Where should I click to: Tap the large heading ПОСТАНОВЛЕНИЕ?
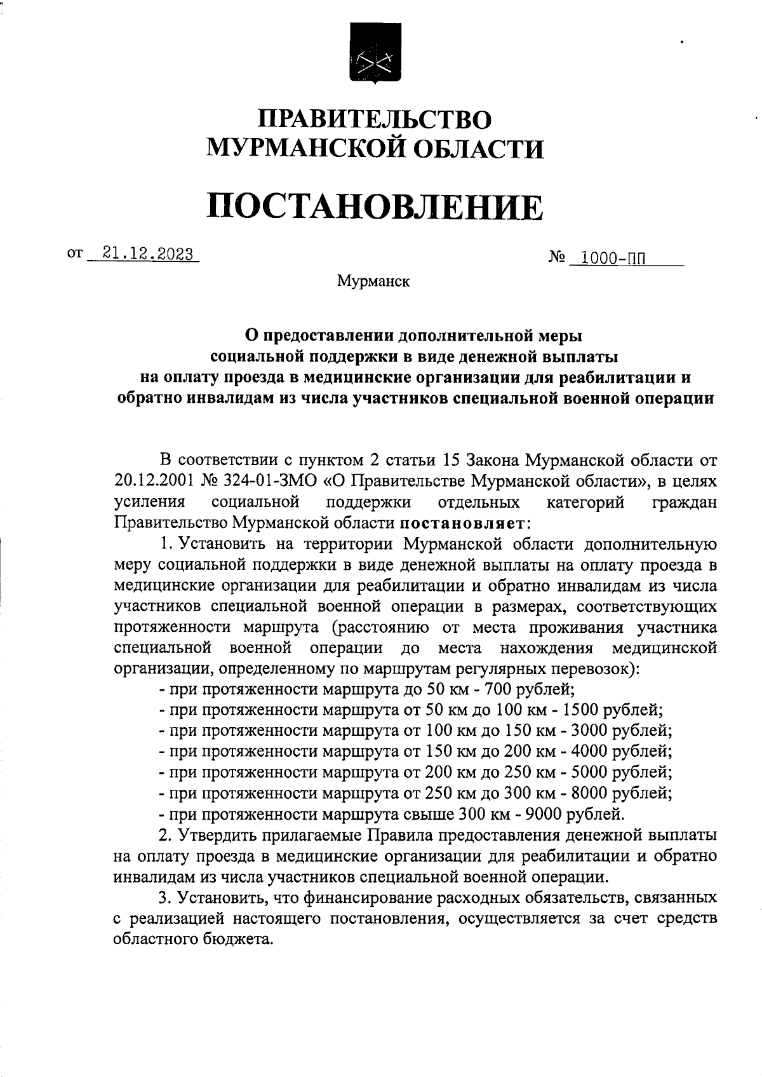pos(375,207)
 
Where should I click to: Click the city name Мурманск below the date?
pos(373,281)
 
